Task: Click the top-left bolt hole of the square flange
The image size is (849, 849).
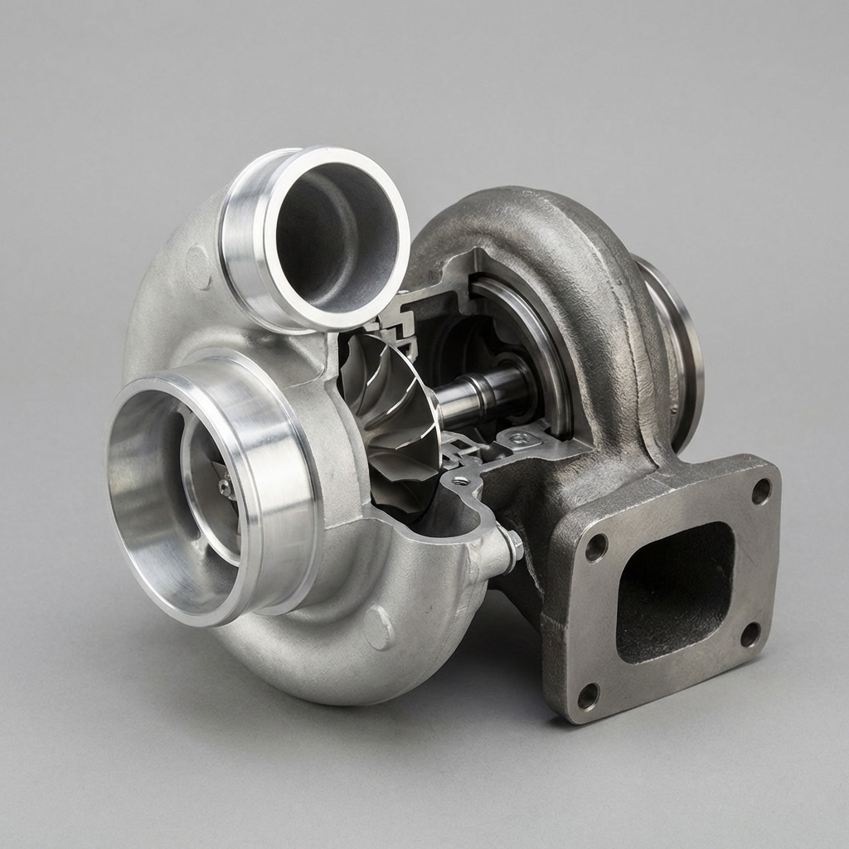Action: pyautogui.click(x=595, y=547)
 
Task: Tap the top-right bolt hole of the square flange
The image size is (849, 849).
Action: pyautogui.click(x=760, y=491)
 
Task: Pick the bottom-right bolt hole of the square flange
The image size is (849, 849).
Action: pyautogui.click(x=750, y=634)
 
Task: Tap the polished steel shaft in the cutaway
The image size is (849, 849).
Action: pyautogui.click(x=481, y=394)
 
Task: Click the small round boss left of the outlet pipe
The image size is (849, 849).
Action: pyautogui.click(x=197, y=265)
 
